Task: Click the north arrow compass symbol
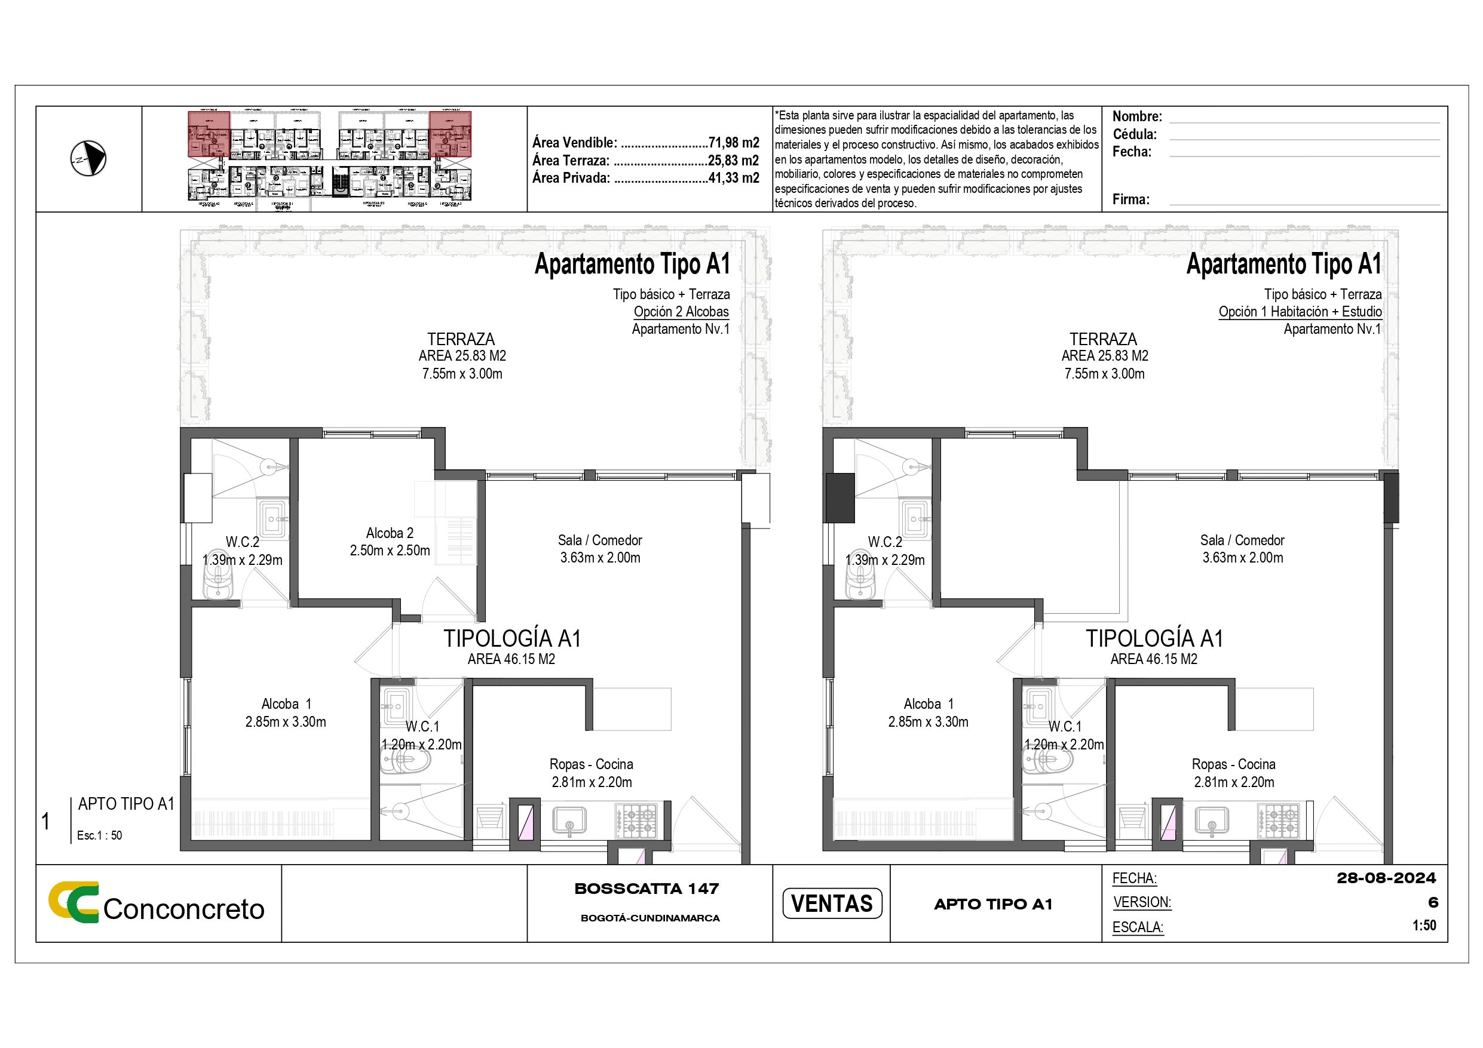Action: point(88,159)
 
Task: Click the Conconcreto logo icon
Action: point(73,902)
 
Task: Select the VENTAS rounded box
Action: point(831,903)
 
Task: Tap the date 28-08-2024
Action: point(1386,878)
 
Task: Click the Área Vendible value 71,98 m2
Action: point(734,143)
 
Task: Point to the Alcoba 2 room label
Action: point(390,533)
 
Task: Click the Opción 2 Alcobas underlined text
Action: point(681,312)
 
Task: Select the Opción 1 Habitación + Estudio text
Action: point(1300,312)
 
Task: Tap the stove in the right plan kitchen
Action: point(1277,820)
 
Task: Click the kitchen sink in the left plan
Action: point(569,820)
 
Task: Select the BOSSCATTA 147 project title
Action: point(646,889)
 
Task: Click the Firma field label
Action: point(1130,199)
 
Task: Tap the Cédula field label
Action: point(1134,134)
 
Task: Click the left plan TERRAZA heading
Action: point(461,339)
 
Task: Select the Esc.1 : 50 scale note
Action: point(99,835)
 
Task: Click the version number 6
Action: point(1433,903)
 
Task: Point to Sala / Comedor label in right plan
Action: point(1242,540)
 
